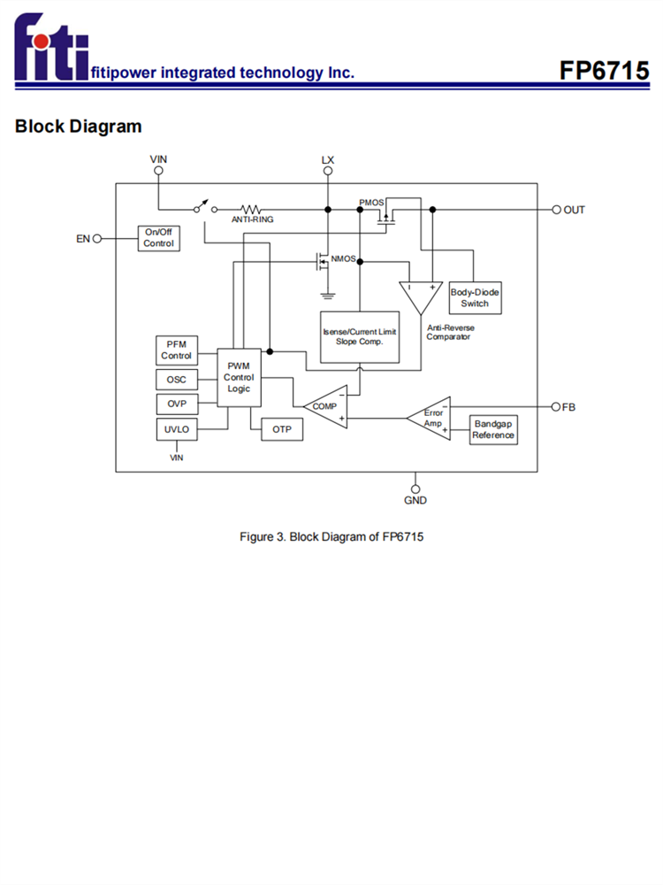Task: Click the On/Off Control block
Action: pos(159,238)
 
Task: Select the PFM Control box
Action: pos(176,350)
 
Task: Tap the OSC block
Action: pos(176,381)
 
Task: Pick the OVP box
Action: pos(176,404)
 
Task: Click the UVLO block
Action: pos(176,430)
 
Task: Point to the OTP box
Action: pos(282,430)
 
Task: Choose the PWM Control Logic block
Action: pos(239,377)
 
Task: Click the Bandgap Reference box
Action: pos(493,430)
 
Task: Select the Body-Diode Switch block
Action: pos(474,297)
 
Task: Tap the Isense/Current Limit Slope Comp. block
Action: pos(359,336)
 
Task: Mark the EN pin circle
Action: pos(97,238)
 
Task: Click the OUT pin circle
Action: pos(557,210)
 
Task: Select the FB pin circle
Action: pos(556,407)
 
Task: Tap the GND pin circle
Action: pos(415,488)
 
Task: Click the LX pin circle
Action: pos(328,172)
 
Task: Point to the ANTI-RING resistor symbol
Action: pos(252,209)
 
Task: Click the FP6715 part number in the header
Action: pos(604,71)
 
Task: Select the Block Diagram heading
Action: pos(78,127)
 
